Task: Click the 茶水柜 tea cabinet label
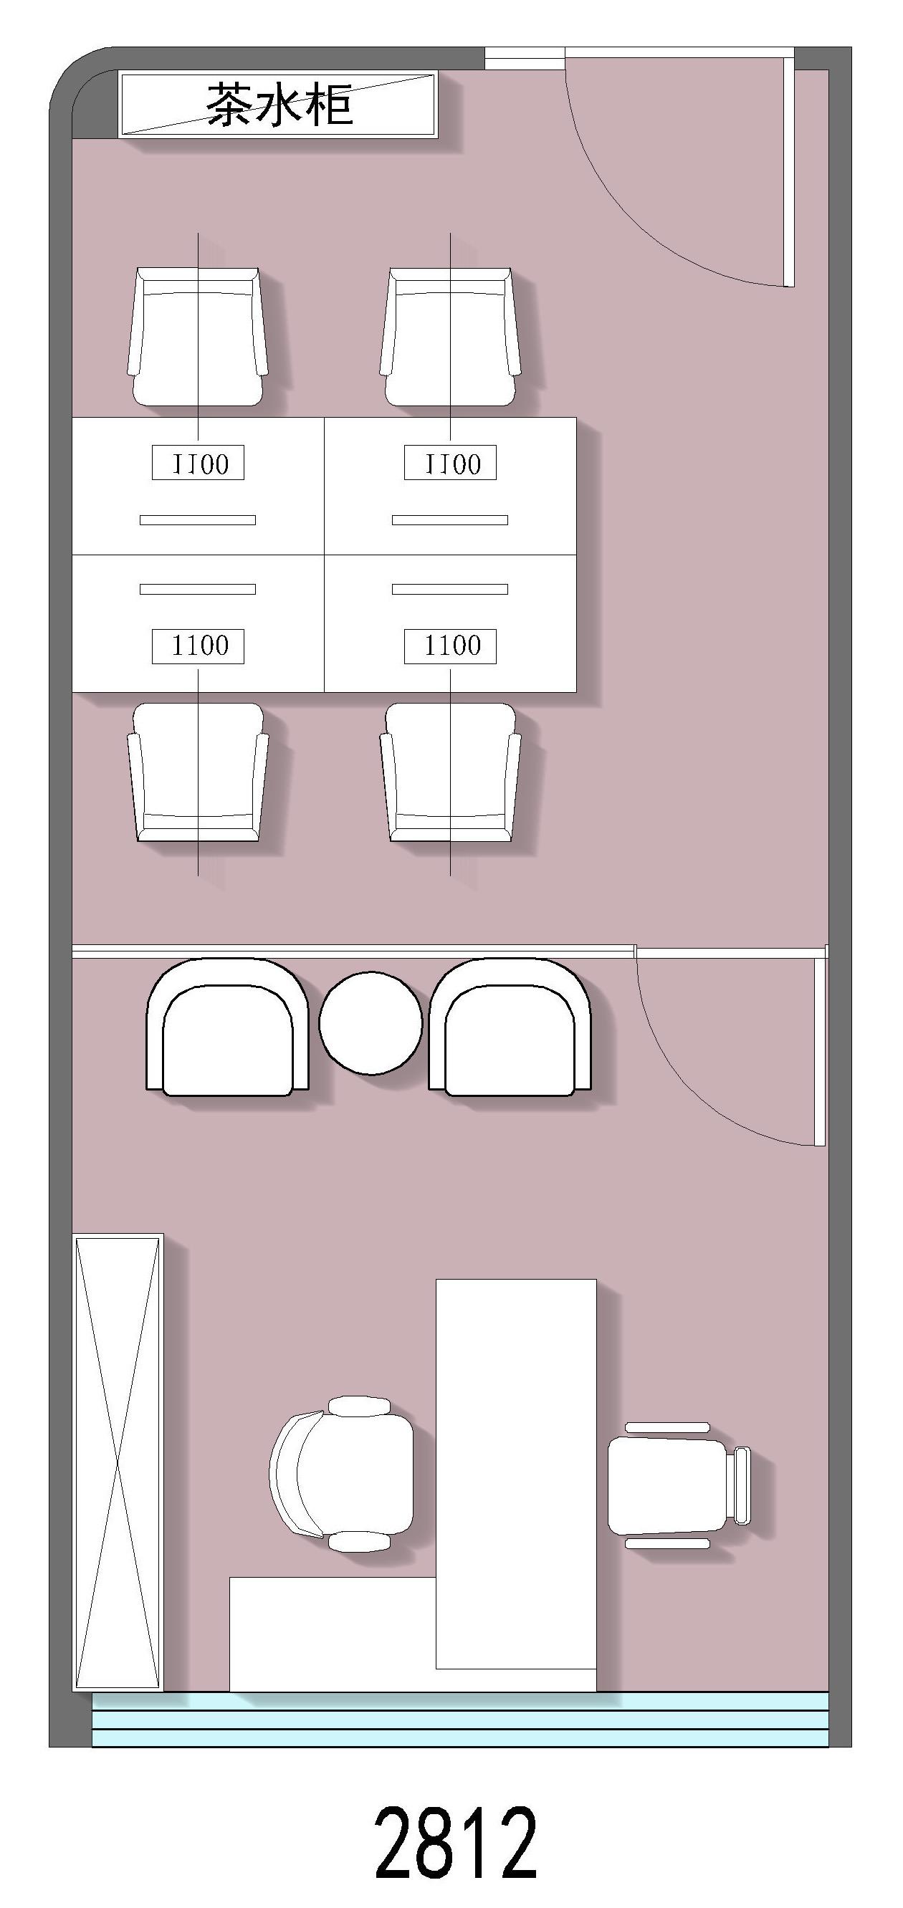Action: pos(279,104)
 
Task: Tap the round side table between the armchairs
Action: pos(371,1022)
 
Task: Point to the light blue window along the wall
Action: pos(460,1719)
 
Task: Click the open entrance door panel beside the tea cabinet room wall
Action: pos(789,172)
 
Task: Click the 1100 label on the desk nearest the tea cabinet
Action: pos(198,464)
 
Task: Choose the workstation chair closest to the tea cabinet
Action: pos(198,337)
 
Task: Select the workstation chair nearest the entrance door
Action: pos(450,337)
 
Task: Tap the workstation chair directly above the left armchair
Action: pos(198,772)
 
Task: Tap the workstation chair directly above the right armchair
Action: pos(450,772)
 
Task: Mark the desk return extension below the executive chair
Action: pos(333,1635)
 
